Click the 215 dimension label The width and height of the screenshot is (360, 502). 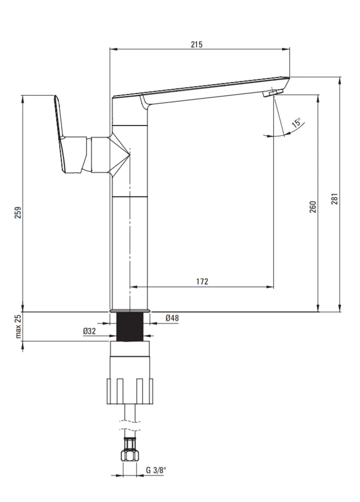point(197,45)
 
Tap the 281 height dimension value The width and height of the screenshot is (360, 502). point(334,199)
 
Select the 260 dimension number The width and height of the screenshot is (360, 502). point(313,206)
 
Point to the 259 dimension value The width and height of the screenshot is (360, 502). point(18,212)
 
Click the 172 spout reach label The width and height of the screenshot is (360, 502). point(202,282)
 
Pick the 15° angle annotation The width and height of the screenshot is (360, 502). point(296,123)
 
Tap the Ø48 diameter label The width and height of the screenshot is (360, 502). point(172,318)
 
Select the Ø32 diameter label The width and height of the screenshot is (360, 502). point(89,331)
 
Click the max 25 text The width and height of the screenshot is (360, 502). point(18,326)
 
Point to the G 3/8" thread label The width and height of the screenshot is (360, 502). point(156,470)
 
